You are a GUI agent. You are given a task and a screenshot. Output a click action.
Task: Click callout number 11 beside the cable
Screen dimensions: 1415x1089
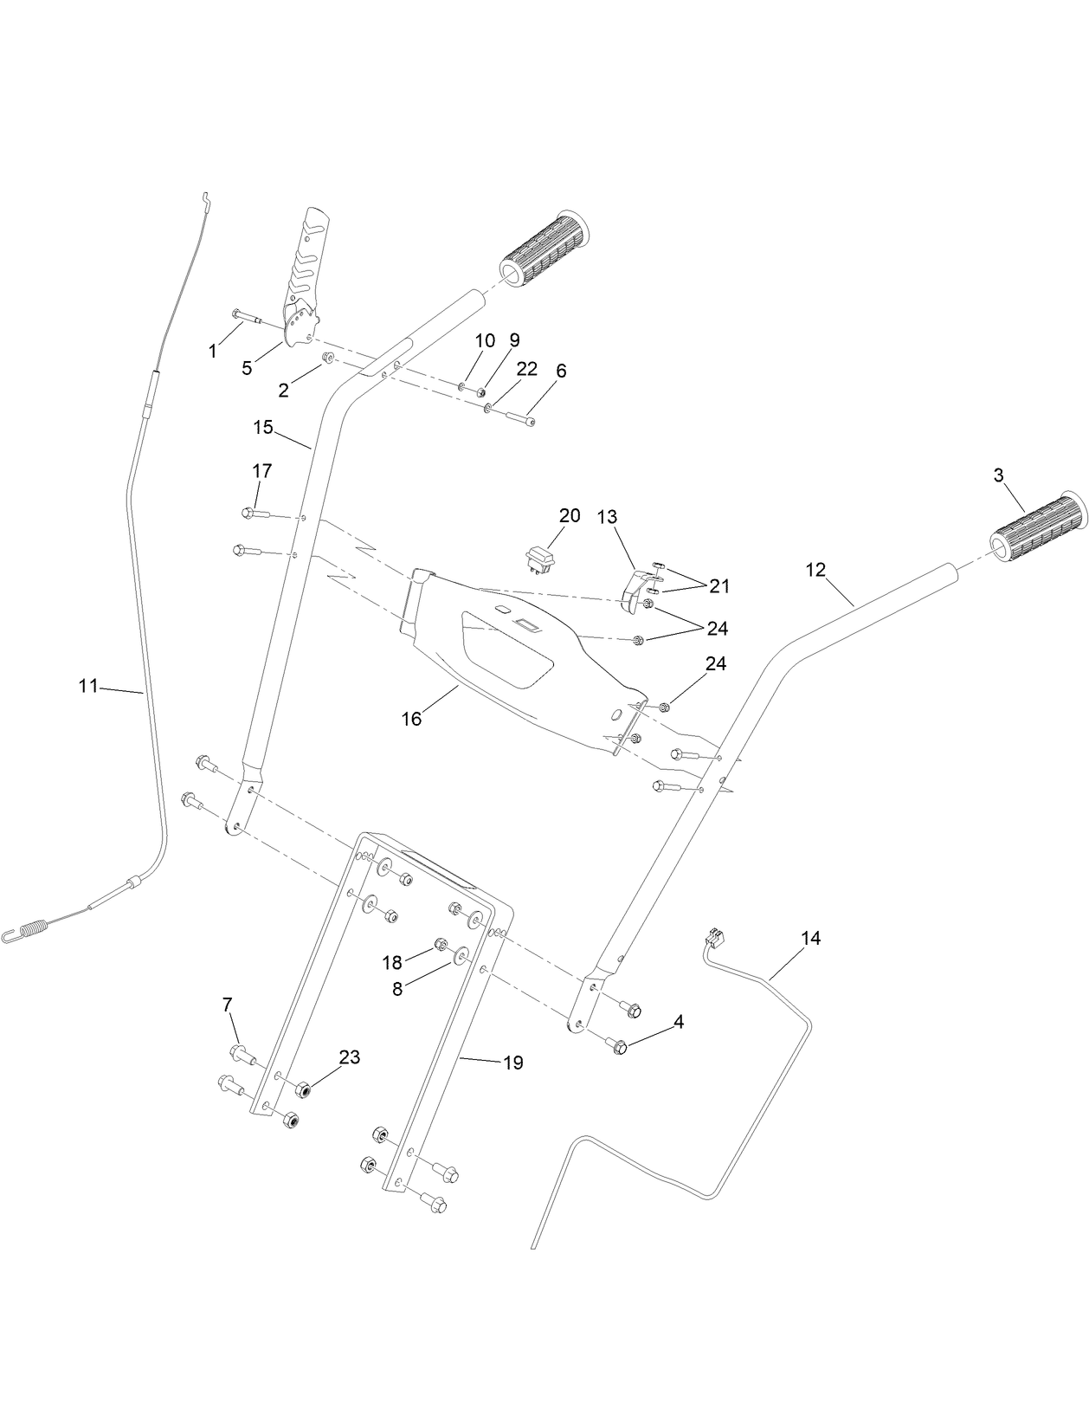(x=87, y=686)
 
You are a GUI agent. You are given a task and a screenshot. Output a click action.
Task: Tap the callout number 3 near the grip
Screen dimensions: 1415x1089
(x=998, y=475)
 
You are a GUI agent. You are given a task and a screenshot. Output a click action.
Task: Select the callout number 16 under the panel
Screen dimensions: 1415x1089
(x=412, y=719)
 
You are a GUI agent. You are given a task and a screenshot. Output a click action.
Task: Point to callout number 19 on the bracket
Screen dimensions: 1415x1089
(x=513, y=1063)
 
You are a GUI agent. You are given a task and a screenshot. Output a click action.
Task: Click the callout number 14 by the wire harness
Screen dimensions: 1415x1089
(x=810, y=938)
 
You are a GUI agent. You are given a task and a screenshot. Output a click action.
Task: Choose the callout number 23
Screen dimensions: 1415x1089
(x=350, y=1057)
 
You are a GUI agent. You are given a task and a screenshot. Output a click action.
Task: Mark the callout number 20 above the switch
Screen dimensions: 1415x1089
(x=569, y=516)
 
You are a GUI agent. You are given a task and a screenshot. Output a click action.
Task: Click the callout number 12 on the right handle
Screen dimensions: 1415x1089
(x=815, y=570)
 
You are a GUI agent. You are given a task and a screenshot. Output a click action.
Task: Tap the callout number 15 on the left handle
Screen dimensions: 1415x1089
(x=263, y=427)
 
